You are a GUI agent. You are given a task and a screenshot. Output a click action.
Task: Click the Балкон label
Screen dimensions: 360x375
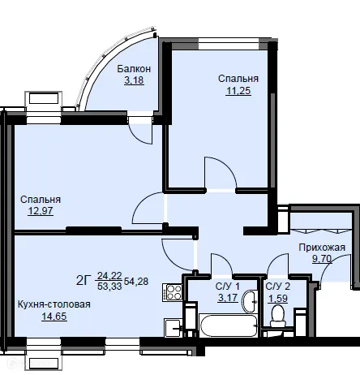134,69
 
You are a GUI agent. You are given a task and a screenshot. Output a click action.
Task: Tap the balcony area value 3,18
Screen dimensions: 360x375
134,80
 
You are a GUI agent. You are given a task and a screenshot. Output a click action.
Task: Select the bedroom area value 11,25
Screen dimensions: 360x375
238,91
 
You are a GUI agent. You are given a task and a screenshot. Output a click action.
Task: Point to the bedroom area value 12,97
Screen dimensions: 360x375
41,210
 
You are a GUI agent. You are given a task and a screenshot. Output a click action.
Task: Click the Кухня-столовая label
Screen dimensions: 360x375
54,304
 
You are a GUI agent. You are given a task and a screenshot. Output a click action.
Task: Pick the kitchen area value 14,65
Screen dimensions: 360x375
54,316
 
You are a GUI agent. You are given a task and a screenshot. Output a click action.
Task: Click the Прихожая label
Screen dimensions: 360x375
322,248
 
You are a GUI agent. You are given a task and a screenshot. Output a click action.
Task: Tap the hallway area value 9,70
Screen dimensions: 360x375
322,259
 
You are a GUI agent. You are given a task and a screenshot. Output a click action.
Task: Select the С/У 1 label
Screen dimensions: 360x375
228,286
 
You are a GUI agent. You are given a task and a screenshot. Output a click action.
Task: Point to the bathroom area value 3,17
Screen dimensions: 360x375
228,298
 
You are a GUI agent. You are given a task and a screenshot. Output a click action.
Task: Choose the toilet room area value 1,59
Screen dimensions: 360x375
278,299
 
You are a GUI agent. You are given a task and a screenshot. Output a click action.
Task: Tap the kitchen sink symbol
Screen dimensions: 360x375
173,327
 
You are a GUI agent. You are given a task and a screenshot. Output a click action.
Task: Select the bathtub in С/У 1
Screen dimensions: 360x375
228,325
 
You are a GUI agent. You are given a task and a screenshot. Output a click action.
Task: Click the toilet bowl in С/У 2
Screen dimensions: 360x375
277,316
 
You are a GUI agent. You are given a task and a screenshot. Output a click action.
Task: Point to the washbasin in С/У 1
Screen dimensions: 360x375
251,301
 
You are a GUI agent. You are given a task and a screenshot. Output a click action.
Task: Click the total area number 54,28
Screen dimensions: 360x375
136,282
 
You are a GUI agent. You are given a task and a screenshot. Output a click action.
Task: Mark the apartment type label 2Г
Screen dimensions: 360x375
83,281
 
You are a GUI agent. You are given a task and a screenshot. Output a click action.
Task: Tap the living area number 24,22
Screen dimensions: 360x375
109,276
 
